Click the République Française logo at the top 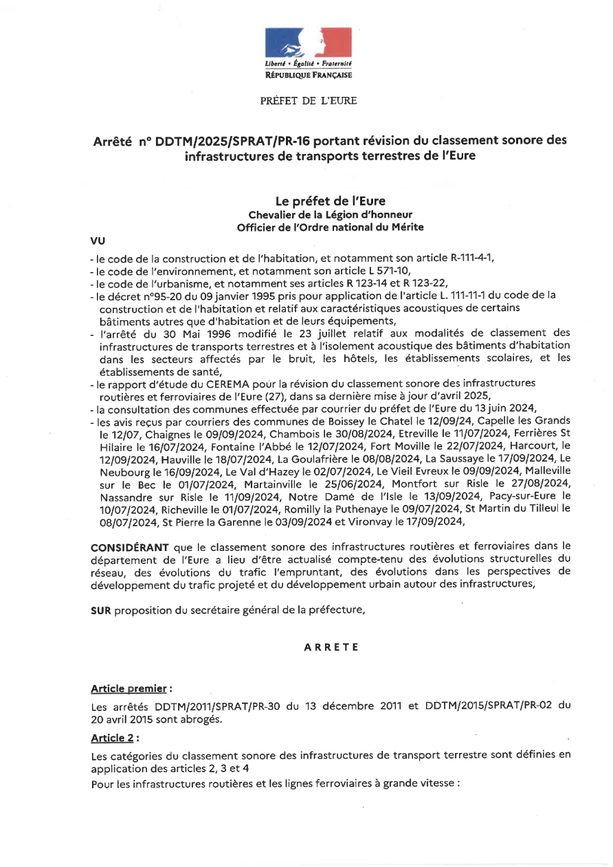pyautogui.click(x=309, y=54)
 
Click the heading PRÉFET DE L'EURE pyautogui.click(x=309, y=101)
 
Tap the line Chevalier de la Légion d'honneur pyautogui.click(x=330, y=214)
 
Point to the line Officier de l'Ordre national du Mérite pyautogui.click(x=330, y=227)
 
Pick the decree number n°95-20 pyautogui.click(x=146, y=295)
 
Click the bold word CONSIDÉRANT pyautogui.click(x=130, y=547)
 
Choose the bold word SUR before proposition pyautogui.click(x=101, y=611)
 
